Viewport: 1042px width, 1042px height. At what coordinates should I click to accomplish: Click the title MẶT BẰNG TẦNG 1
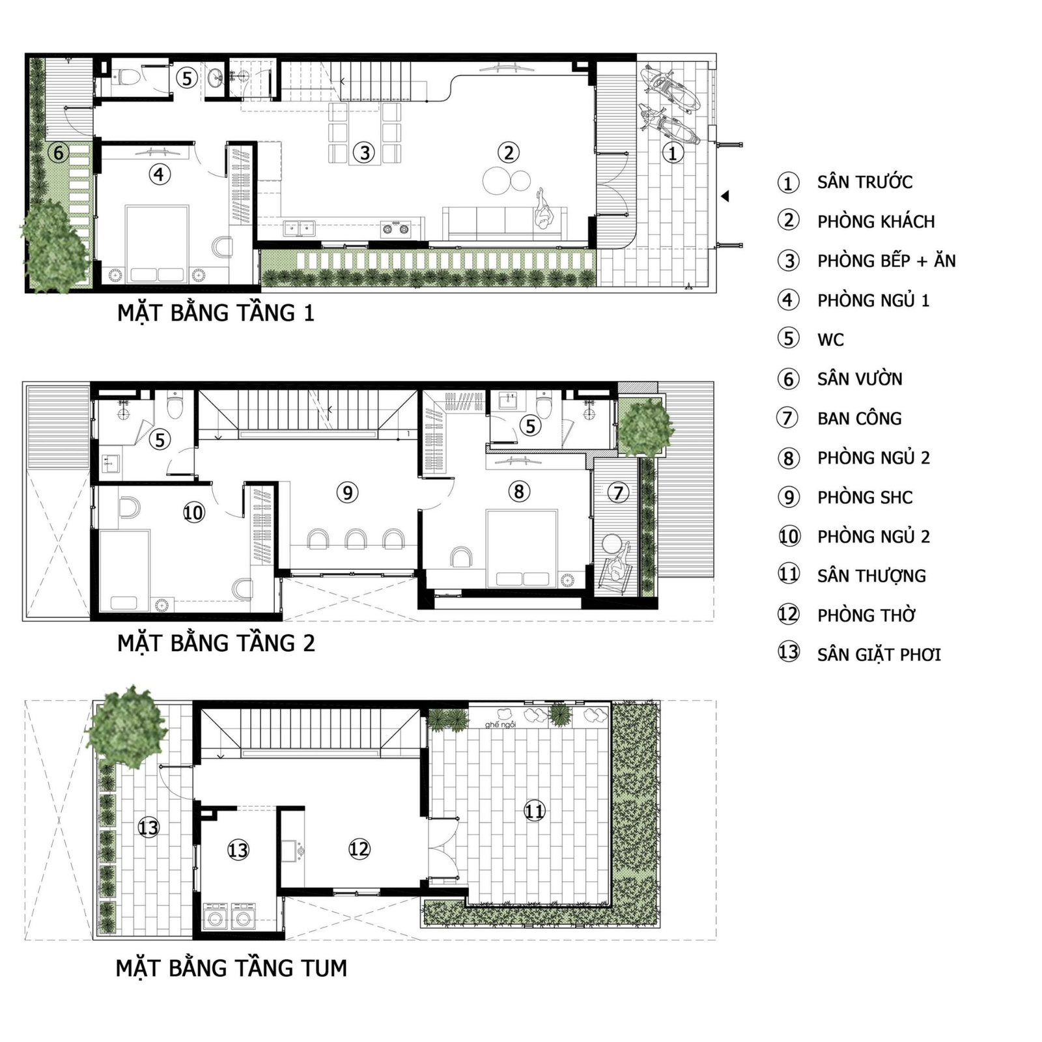[216, 313]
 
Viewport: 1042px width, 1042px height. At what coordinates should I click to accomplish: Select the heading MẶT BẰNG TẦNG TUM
[231, 968]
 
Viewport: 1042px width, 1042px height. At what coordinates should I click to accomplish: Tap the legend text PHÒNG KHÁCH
[876, 221]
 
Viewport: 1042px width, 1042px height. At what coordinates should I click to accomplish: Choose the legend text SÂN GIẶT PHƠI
[879, 655]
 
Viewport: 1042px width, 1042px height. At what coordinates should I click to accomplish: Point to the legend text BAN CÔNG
[860, 418]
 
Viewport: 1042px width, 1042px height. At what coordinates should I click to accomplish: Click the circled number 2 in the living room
[509, 152]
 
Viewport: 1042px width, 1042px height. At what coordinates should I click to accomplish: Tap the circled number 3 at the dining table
[365, 152]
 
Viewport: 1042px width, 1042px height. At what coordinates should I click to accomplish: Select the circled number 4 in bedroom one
[160, 174]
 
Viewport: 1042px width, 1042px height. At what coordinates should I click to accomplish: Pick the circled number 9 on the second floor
[347, 492]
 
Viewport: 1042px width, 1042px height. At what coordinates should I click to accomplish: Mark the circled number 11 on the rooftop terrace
[534, 811]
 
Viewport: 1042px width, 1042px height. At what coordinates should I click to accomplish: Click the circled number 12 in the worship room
[359, 849]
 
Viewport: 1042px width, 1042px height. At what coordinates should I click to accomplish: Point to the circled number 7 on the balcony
[619, 492]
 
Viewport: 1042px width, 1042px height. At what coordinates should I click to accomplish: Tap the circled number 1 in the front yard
[673, 153]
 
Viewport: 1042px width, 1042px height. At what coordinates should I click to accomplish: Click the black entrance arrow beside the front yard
[725, 196]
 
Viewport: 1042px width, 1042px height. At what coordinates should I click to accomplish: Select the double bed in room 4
[157, 244]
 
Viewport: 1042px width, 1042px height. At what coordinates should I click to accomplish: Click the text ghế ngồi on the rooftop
[500, 725]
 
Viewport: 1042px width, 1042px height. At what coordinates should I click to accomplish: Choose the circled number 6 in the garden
[59, 153]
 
